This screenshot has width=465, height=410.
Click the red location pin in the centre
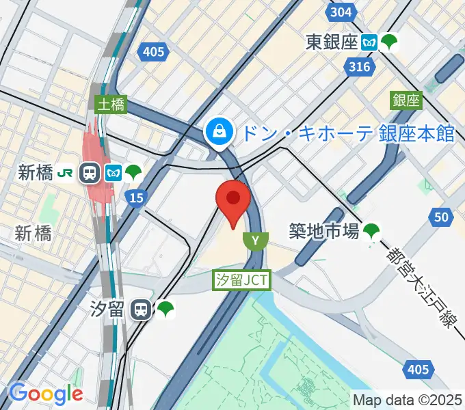(233, 200)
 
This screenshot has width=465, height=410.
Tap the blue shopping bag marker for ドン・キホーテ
(220, 130)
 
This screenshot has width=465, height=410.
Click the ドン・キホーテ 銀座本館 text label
(349, 133)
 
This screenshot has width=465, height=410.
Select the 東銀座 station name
(332, 42)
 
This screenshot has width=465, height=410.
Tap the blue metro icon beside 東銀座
(370, 42)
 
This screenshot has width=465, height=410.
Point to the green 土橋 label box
(109, 105)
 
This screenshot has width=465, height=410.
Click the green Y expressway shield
(255, 240)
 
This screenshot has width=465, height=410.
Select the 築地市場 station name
(323, 232)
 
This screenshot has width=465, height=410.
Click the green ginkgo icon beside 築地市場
(372, 232)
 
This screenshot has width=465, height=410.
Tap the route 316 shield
(358, 66)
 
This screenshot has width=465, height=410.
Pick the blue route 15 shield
(135, 197)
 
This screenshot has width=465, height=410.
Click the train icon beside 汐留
(142, 310)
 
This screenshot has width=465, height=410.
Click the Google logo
(46, 394)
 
